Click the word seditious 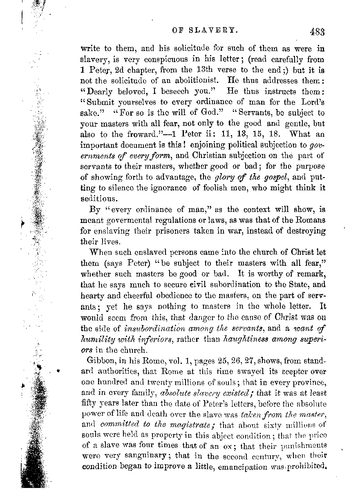click(105, 199)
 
